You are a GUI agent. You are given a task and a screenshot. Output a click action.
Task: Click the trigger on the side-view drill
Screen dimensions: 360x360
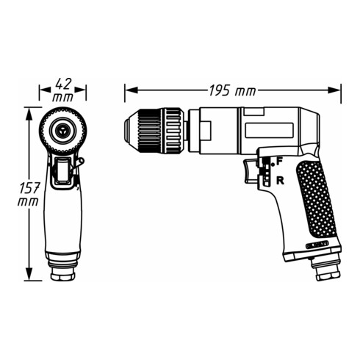(247, 170)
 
